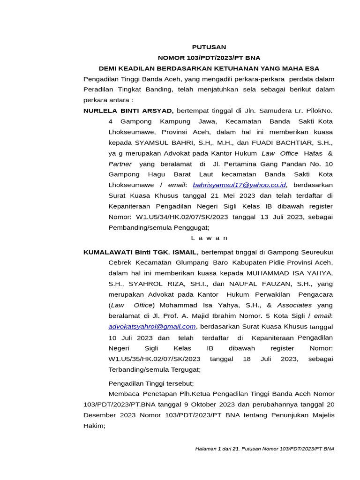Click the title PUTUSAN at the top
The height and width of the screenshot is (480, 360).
tap(209, 47)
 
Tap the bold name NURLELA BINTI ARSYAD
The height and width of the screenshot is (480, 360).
tap(128, 111)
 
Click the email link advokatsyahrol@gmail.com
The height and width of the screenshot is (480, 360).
tap(152, 326)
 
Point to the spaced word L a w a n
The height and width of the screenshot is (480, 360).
tap(209, 238)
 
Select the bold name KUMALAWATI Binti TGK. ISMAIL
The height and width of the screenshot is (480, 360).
tap(141, 252)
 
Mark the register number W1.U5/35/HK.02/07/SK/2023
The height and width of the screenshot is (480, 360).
tap(154, 359)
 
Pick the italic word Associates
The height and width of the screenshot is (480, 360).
tap(293, 305)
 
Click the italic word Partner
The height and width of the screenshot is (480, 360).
tap(120, 164)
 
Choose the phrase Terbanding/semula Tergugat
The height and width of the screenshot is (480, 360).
tap(154, 369)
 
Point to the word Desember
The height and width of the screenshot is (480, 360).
tap(100, 415)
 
